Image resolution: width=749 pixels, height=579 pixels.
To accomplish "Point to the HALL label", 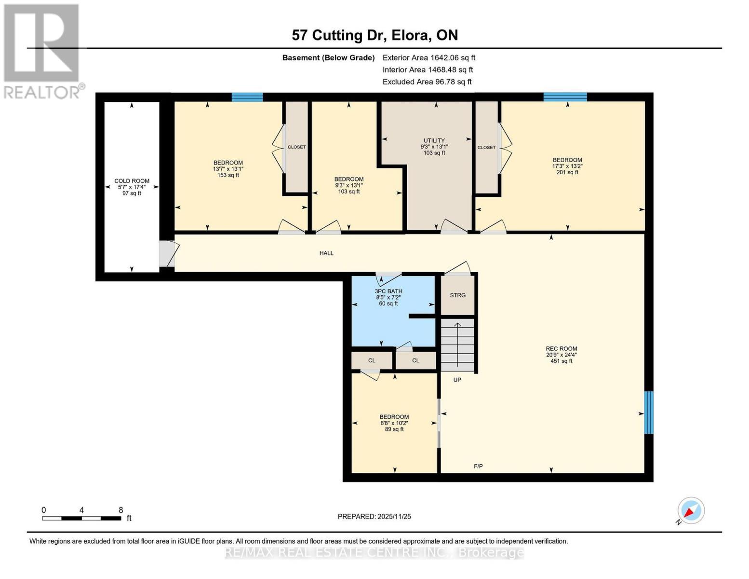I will click(x=326, y=253).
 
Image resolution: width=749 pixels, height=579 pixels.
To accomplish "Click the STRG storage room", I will click(x=458, y=295).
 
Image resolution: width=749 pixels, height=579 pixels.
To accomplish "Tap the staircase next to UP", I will click(x=457, y=343).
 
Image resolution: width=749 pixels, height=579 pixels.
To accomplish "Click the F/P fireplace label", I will click(x=478, y=466).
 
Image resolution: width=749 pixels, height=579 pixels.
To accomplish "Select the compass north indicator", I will click(x=691, y=510).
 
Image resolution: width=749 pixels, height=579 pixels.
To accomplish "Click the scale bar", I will click(x=81, y=518).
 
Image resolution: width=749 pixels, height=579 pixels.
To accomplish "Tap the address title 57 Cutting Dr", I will click(x=374, y=35).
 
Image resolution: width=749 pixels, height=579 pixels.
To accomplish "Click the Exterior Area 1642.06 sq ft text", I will click(x=428, y=57).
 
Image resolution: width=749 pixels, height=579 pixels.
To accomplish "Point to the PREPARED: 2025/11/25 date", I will click(x=374, y=516).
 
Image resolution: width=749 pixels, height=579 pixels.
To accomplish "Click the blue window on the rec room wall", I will click(x=649, y=412).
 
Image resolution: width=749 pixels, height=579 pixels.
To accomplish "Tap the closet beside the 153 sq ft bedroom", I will click(x=296, y=147).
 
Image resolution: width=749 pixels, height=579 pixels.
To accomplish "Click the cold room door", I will click(x=167, y=253).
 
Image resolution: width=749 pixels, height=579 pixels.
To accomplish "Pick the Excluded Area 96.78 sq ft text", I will click(x=427, y=82).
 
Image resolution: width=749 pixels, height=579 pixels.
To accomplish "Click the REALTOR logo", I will click(x=42, y=51).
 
